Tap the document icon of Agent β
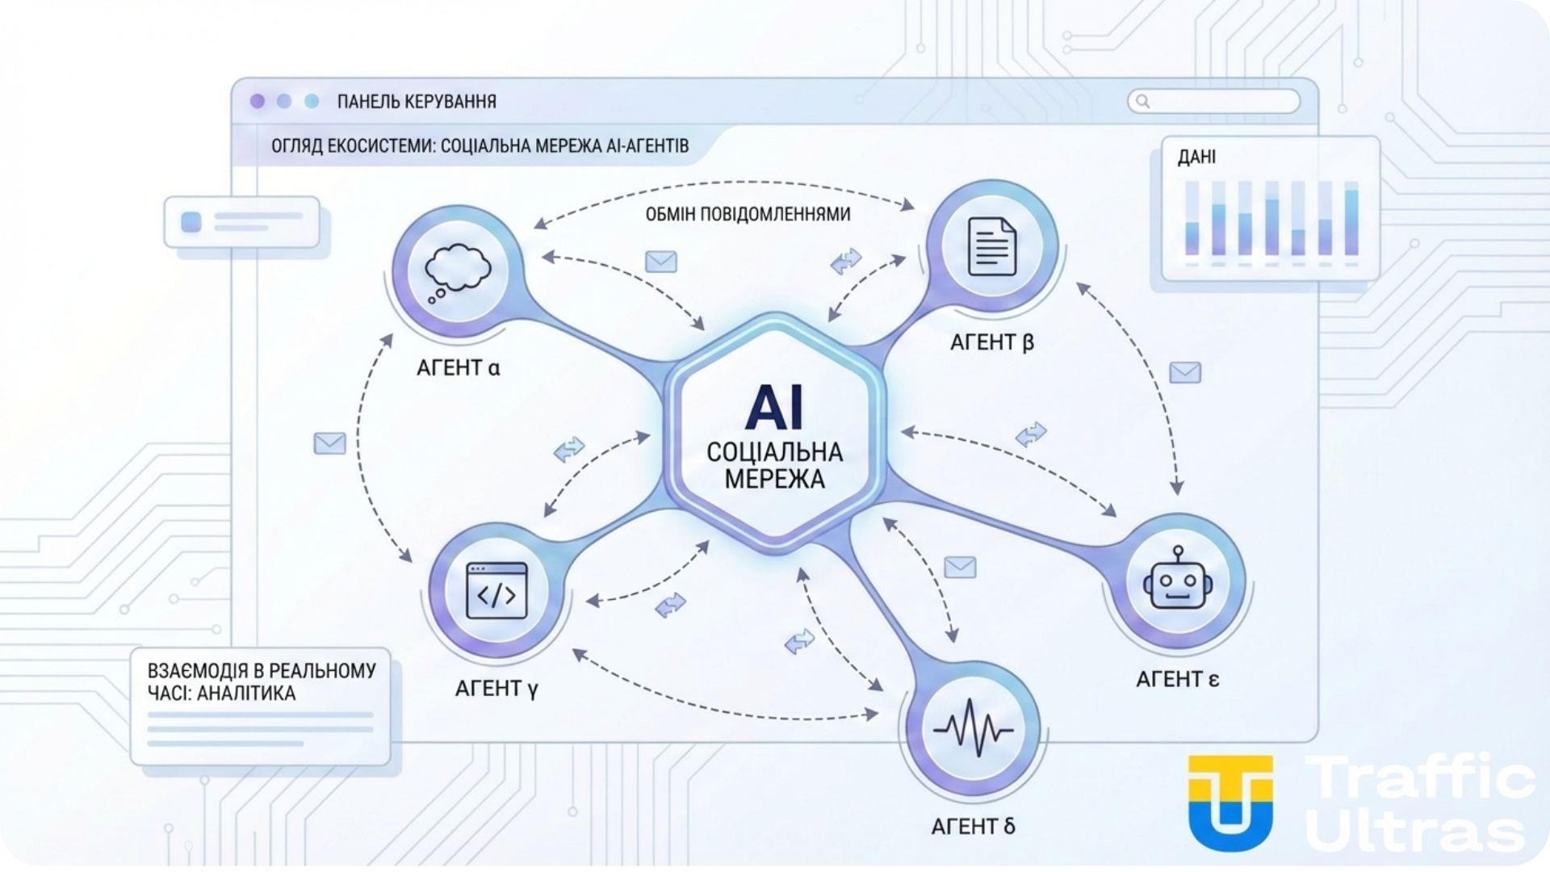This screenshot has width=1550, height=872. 991,245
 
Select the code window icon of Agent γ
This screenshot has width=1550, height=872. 496,591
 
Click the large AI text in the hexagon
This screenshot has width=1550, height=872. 774,408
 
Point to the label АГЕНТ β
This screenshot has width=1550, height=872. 991,342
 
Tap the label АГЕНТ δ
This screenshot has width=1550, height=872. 973,827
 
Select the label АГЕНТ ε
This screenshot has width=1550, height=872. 1177,679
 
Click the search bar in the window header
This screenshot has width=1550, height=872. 1213,102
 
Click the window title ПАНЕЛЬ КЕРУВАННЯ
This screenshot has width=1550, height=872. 417,102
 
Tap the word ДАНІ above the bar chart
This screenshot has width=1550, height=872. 1196,157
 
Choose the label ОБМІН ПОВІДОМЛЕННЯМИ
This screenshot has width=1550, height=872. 748,214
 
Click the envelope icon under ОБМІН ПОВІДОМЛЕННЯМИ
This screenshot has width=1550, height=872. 661,262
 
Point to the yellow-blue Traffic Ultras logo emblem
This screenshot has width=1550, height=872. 1230,801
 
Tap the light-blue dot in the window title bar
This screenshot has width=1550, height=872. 312,101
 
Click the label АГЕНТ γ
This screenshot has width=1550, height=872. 496,688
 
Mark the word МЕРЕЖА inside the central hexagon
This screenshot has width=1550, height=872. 774,479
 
